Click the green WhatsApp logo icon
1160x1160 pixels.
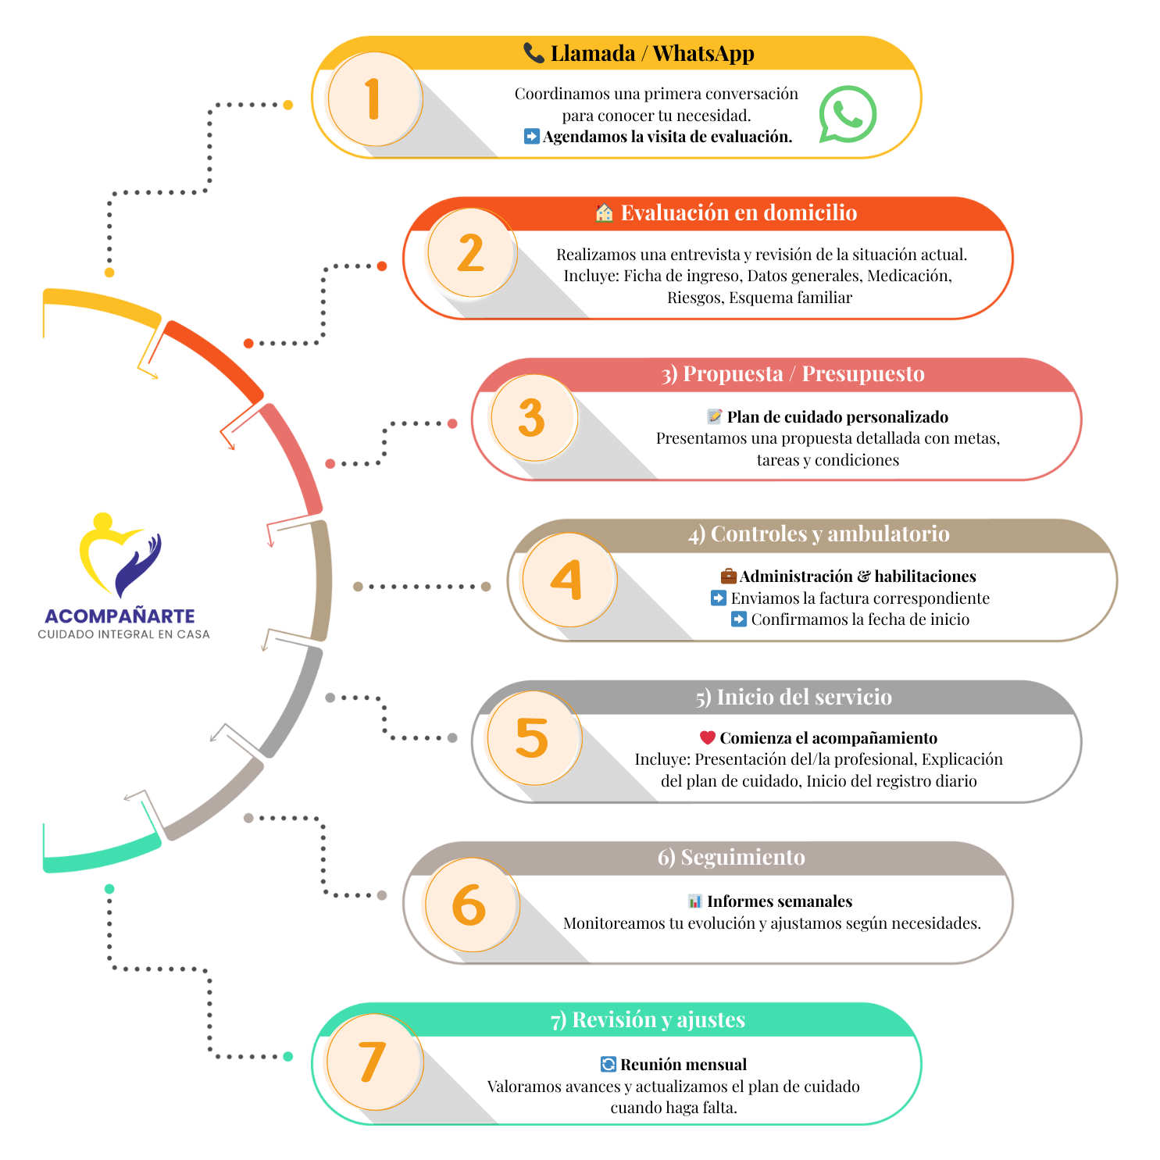(x=848, y=114)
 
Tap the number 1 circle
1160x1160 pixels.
(x=374, y=99)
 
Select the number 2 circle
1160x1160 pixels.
(x=470, y=254)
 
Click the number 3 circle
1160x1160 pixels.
(x=533, y=418)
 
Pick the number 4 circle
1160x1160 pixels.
(x=568, y=580)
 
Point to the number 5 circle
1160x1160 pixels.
(x=533, y=738)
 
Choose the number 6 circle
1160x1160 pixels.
(x=469, y=905)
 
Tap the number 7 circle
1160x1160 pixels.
(x=373, y=1062)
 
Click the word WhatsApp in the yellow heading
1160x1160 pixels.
(x=703, y=54)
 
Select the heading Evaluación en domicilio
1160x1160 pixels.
(x=738, y=213)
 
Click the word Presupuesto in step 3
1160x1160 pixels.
(x=863, y=374)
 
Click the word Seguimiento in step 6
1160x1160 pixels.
(x=742, y=858)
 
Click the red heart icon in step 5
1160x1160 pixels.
(x=708, y=737)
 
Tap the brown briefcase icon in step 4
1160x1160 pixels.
(x=729, y=576)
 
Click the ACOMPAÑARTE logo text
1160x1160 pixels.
(x=120, y=616)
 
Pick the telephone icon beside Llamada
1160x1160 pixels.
(x=534, y=53)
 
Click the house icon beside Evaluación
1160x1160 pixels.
(x=604, y=213)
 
